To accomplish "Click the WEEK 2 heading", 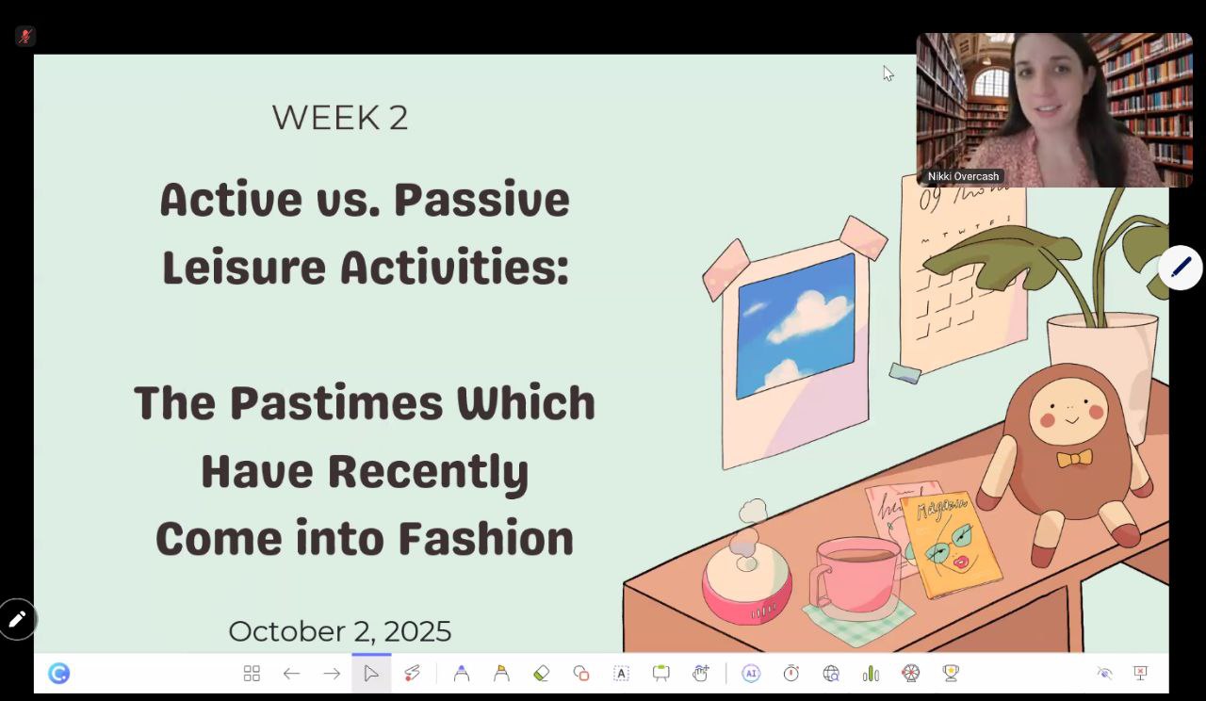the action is (x=340, y=118).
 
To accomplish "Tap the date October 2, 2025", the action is (x=340, y=631).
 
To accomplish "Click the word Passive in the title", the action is (x=481, y=200).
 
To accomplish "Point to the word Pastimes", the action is (x=336, y=402).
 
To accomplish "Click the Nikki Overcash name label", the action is (x=963, y=176).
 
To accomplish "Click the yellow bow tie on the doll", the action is (x=1074, y=458).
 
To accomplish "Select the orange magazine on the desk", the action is (x=952, y=545).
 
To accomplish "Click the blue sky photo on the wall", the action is (x=796, y=326).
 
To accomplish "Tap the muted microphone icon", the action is (x=25, y=36).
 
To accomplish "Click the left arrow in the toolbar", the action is (x=291, y=673).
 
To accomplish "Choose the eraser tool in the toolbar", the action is (x=541, y=673).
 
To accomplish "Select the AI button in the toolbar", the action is (x=751, y=673).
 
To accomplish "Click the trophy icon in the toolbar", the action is (x=951, y=673).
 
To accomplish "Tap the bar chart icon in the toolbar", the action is (x=871, y=673).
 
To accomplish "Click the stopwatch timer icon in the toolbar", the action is (x=790, y=673).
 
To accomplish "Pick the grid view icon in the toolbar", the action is (x=252, y=673).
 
